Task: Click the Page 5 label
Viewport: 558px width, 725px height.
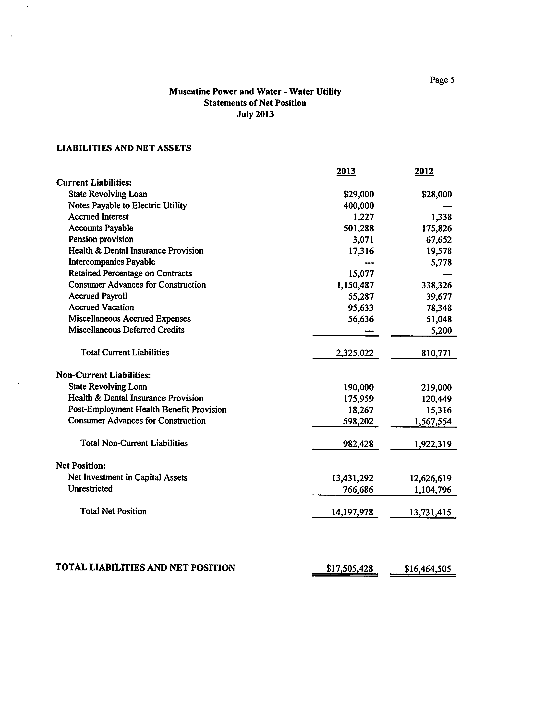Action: (x=442, y=80)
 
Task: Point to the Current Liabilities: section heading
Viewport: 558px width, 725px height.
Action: (x=94, y=182)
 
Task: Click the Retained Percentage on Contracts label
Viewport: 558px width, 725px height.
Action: (x=130, y=273)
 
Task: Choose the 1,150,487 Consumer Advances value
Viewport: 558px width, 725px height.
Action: (x=355, y=285)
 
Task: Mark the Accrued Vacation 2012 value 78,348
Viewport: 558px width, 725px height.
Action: (x=439, y=308)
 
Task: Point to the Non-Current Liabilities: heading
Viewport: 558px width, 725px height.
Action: (x=103, y=375)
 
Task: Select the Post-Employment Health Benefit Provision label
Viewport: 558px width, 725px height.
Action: (x=147, y=409)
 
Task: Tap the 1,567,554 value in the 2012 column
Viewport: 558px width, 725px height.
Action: (x=433, y=421)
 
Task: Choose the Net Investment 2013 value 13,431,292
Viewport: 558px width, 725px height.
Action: (x=352, y=478)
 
